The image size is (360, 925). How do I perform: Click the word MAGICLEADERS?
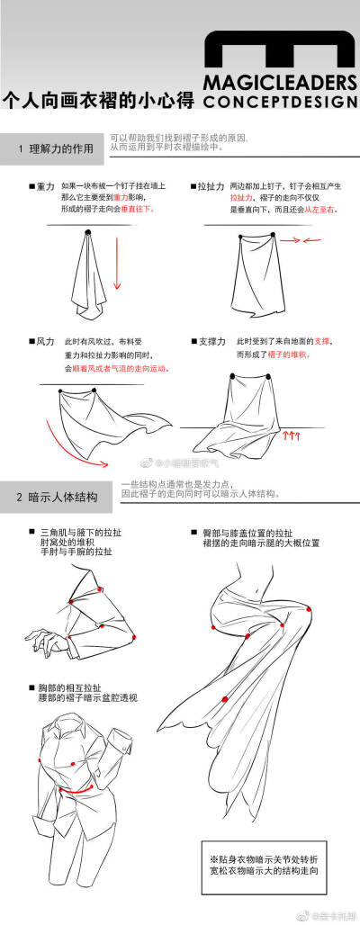(x=280, y=83)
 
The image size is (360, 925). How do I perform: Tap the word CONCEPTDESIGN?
(x=280, y=102)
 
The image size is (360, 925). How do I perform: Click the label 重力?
(x=46, y=185)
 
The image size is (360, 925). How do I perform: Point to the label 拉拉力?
(x=211, y=185)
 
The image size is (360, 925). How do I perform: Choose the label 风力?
(x=46, y=343)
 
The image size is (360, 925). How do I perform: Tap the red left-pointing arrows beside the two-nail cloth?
(x=312, y=240)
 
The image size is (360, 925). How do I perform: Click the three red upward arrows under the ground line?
(x=291, y=435)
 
